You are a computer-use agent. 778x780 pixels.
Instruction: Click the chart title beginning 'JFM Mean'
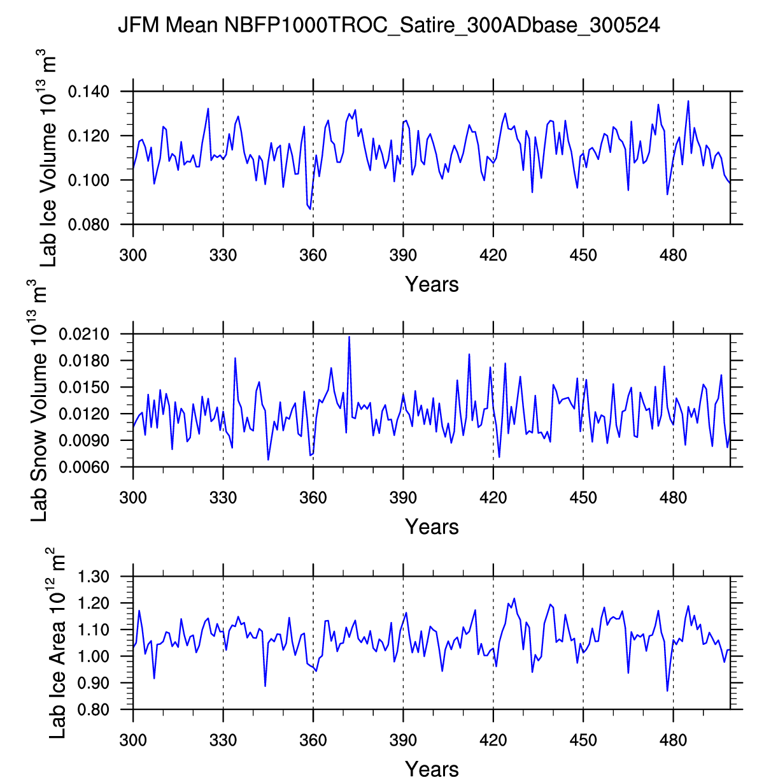coord(389,25)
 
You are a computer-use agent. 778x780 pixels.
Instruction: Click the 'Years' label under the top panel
coord(432,284)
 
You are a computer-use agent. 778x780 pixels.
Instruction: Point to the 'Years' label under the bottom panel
coord(432,769)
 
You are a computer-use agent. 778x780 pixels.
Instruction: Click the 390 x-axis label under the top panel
coord(403,256)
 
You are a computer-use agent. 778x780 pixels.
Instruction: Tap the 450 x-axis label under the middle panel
coord(583,498)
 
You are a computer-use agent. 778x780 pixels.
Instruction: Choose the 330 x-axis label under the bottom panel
coord(223,740)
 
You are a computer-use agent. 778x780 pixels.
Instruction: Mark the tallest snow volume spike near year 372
coord(349,336)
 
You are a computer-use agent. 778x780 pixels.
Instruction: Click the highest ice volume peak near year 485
coord(688,101)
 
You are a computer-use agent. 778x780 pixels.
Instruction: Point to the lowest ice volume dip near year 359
coord(311,209)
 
